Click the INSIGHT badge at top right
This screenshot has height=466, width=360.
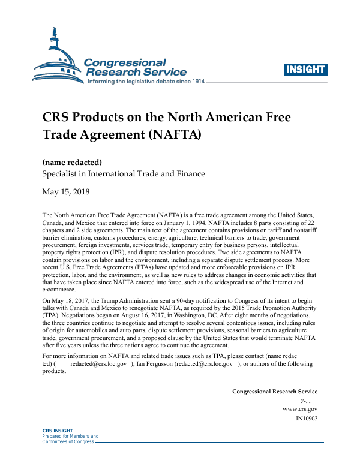[x=305, y=70]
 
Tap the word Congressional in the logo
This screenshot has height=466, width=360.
[x=124, y=62]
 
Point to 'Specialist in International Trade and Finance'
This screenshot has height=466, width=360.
[x=123, y=174]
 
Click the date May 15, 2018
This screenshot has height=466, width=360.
[x=66, y=193]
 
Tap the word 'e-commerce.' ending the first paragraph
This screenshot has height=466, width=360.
[x=59, y=288]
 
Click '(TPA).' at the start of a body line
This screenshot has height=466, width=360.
[x=52, y=314]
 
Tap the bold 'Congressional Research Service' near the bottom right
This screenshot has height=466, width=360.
[x=275, y=392]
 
